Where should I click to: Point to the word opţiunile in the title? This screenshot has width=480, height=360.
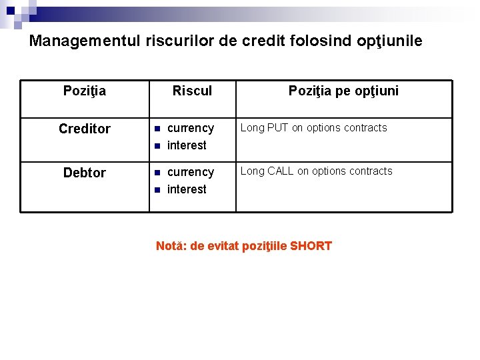click(389, 41)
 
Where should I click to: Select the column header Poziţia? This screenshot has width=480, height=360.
click(84, 91)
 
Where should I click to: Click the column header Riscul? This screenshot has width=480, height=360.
click(192, 91)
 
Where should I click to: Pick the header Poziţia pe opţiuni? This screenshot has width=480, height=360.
click(343, 91)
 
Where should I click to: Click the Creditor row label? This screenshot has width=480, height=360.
click(85, 129)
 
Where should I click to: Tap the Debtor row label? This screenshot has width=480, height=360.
click(85, 173)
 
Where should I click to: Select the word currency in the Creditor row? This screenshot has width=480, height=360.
click(191, 128)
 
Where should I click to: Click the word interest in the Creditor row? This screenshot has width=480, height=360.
click(187, 145)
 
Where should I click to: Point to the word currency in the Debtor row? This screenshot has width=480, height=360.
click(191, 172)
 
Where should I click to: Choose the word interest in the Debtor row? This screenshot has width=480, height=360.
click(187, 189)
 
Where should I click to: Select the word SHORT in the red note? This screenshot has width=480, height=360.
click(311, 246)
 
